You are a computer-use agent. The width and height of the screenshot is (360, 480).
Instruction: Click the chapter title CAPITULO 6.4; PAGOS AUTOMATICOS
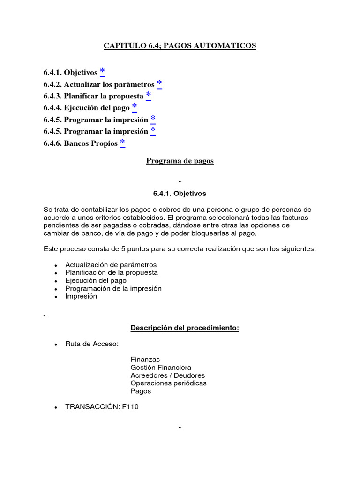point(180,46)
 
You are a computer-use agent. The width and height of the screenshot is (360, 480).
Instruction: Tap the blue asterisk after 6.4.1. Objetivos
point(102,72)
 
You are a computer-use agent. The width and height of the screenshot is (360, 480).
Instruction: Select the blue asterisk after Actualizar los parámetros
point(159,83)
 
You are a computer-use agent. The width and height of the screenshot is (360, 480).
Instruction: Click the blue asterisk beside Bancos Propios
point(122,142)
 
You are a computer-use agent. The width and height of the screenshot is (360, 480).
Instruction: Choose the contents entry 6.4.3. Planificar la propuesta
point(93,96)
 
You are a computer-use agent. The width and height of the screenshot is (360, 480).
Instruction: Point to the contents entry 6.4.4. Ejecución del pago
point(86,108)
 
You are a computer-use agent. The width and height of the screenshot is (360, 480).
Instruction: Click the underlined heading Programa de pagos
point(180,161)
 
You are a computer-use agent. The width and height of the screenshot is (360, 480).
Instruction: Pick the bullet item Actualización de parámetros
point(111,265)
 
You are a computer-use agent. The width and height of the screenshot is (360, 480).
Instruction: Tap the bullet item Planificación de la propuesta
point(112,272)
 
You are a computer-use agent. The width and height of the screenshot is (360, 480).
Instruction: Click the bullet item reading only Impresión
point(81,296)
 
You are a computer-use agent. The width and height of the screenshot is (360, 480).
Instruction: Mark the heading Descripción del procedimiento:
point(185,328)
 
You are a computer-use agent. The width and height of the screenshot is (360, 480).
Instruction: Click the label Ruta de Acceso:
point(92,344)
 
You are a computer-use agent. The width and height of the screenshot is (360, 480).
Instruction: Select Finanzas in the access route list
point(145,360)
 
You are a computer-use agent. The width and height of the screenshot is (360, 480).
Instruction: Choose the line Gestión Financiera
point(161,367)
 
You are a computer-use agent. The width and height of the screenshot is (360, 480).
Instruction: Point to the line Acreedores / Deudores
point(168,375)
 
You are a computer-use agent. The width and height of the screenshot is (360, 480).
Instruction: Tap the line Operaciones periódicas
point(168,383)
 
